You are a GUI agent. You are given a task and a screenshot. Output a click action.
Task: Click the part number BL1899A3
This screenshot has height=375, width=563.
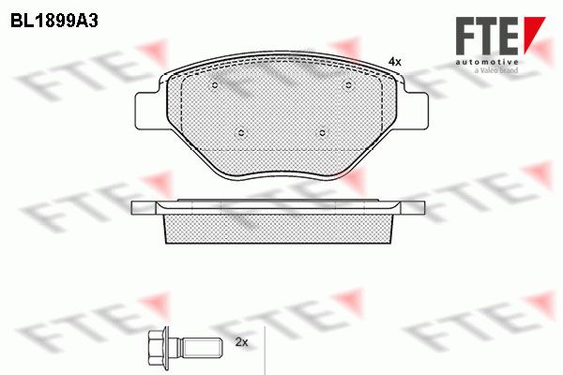tap(54, 21)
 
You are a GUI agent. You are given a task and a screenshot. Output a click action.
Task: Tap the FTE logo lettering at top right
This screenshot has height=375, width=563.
tap(487, 37)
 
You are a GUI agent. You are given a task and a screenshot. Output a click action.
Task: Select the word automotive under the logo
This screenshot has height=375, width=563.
tap(487, 62)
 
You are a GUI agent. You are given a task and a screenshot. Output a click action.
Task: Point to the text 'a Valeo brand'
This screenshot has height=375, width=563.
tap(496, 70)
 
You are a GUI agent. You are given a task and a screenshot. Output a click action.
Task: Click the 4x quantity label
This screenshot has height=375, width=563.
tap(395, 62)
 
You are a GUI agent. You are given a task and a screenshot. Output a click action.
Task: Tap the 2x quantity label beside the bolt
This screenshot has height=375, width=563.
tap(242, 342)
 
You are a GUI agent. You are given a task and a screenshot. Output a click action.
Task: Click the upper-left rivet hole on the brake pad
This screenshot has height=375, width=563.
tap(215, 85)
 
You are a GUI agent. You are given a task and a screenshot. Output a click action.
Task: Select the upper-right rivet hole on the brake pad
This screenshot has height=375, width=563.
tap(348, 85)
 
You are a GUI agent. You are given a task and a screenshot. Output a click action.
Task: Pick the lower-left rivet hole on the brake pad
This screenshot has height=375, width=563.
tap(241, 133)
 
